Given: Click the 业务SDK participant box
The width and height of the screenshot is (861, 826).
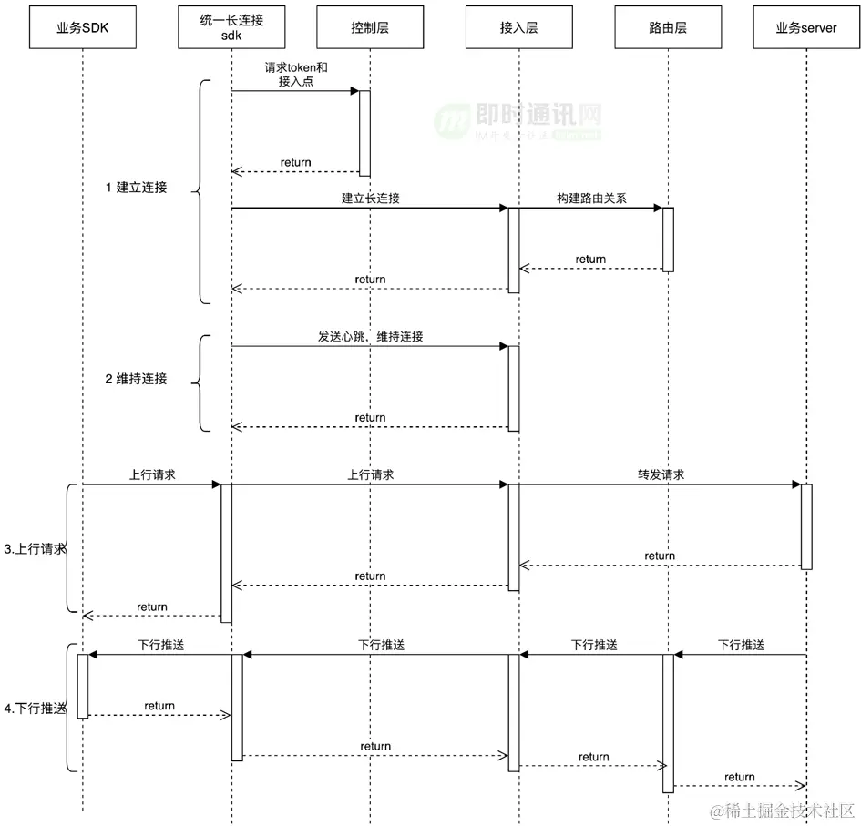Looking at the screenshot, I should tap(82, 27).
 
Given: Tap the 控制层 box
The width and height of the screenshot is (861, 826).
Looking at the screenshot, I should tap(370, 27).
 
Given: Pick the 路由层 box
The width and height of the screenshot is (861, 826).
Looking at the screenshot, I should tap(668, 27).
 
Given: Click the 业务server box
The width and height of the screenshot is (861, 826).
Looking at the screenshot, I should tap(806, 27).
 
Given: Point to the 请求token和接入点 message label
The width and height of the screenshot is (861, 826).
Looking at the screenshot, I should tap(295, 74).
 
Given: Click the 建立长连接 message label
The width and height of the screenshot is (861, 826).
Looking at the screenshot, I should tap(371, 198).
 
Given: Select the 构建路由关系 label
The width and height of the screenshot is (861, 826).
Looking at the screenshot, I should tap(591, 198).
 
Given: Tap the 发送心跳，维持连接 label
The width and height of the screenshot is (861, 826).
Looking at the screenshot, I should tap(370, 336).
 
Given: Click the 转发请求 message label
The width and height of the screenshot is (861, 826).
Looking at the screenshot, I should tap(661, 474).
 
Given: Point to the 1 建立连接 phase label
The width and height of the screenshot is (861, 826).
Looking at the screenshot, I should tap(136, 188).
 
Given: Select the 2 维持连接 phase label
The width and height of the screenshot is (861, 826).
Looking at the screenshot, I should tap(136, 378).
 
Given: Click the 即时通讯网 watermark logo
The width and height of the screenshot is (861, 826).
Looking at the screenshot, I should tap(519, 120).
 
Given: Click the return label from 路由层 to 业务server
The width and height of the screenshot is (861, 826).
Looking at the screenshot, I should tap(739, 777).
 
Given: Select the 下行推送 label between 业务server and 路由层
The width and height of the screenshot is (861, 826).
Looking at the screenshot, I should tap(741, 645).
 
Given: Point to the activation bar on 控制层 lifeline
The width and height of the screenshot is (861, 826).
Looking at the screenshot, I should tap(364, 133).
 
